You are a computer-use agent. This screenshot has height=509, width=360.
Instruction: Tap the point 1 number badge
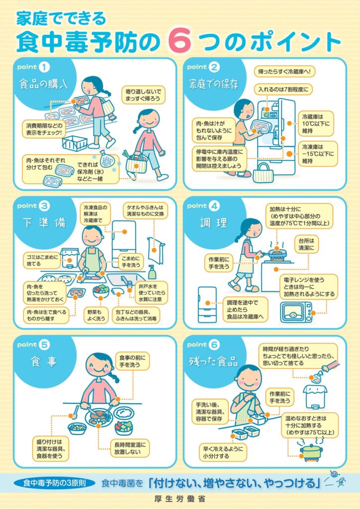[44, 67]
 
